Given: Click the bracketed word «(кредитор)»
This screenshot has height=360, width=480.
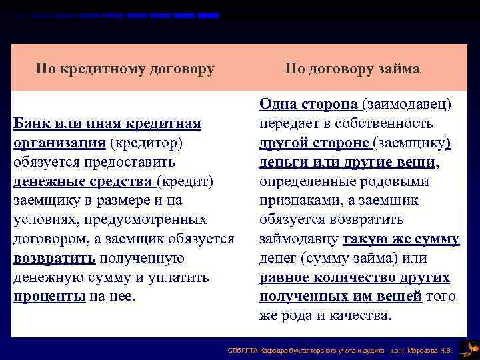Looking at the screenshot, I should pyautogui.click(x=146, y=143).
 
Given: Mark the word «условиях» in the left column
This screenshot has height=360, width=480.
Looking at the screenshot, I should pyautogui.click(x=45, y=220).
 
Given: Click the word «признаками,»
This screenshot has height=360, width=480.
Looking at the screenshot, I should pyautogui.click(x=299, y=201).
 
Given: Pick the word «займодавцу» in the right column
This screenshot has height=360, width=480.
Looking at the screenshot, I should pyautogui.click(x=299, y=239).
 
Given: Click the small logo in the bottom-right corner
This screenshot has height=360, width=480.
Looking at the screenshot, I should pyautogui.click(x=469, y=347).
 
